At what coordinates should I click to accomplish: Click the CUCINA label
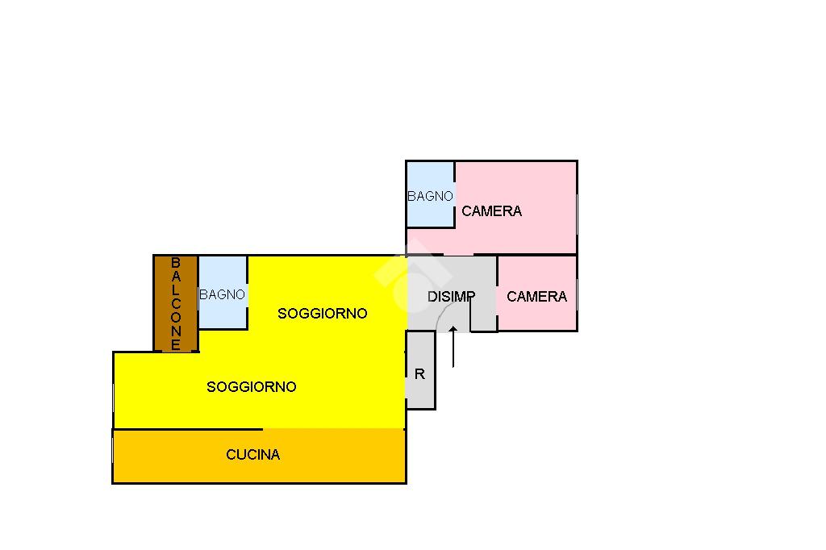point(253,455)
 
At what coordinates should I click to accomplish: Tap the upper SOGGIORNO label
point(322,314)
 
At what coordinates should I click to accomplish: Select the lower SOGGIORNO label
point(252,387)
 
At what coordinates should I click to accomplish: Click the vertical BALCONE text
point(176,303)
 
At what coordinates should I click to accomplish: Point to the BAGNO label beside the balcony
point(222,295)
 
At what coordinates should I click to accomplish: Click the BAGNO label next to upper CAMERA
point(430,196)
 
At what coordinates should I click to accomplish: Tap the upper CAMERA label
point(491,211)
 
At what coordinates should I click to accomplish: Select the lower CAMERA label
point(536,297)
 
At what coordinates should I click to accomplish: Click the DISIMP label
point(451,297)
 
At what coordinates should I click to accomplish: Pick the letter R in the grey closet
point(419,374)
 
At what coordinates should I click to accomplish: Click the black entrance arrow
point(453,345)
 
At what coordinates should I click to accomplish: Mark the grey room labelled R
point(420,391)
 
